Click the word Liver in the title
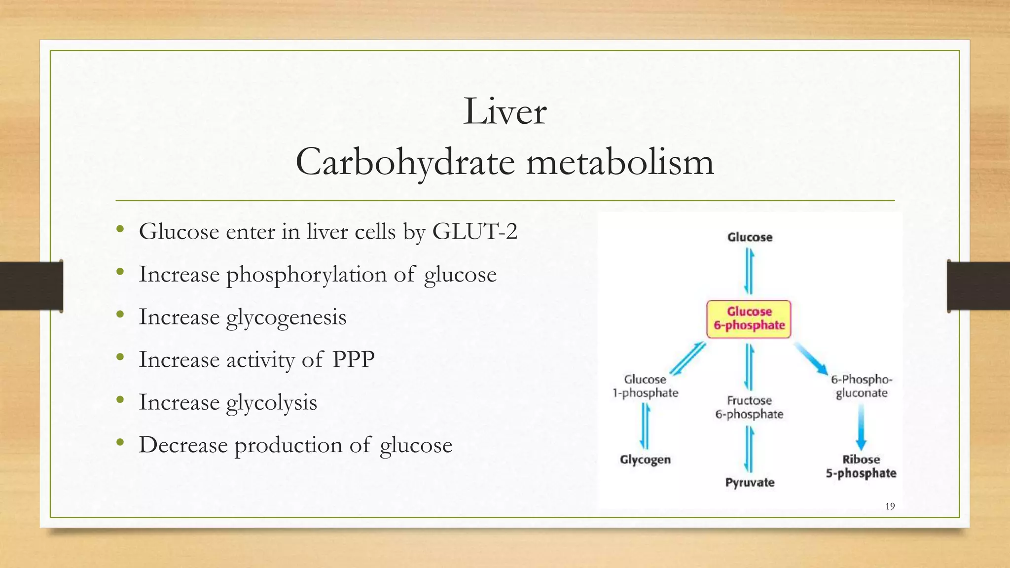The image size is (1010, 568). [505, 111]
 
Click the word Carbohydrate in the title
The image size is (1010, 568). [405, 163]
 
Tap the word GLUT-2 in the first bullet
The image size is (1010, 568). [474, 231]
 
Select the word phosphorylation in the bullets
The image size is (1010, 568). [306, 275]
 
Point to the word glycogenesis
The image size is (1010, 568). [286, 317]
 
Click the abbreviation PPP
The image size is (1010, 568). [353, 359]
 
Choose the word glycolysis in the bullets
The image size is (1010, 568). [271, 402]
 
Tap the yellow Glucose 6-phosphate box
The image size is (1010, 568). [749, 319]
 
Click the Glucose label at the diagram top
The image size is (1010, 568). [750, 237]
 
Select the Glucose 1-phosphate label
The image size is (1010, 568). [645, 386]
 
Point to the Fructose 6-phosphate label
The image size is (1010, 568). [749, 407]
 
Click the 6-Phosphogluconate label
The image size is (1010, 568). [862, 386]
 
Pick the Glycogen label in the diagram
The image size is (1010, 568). [645, 460]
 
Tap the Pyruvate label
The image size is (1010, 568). [750, 482]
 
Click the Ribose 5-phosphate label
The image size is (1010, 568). [861, 466]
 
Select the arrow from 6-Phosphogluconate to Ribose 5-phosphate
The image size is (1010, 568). [861, 426]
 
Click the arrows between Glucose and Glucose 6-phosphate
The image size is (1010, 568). [749, 271]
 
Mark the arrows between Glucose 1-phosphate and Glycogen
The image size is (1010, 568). [645, 426]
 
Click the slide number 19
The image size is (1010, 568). [890, 506]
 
